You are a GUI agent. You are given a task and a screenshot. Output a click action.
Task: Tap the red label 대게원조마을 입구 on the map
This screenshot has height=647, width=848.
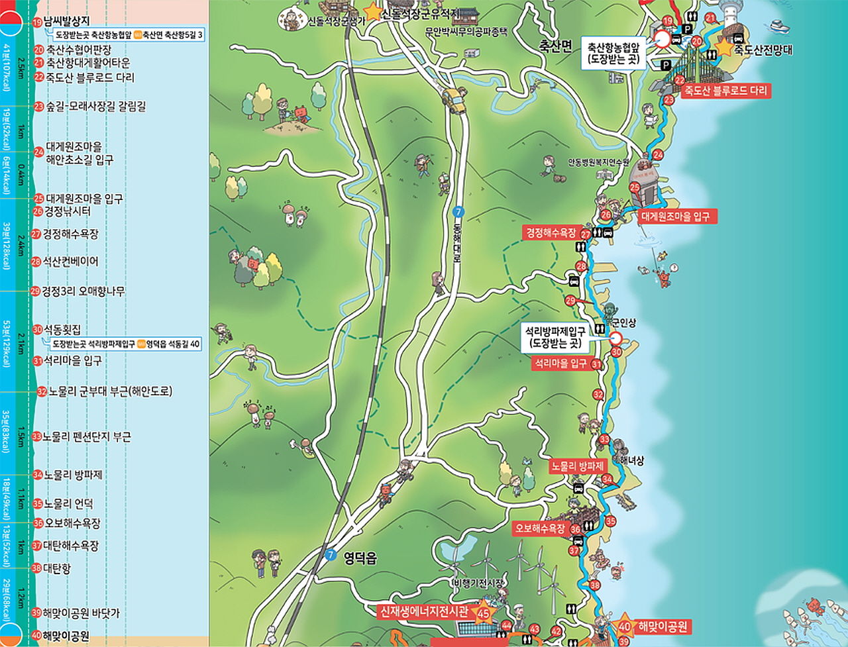678,217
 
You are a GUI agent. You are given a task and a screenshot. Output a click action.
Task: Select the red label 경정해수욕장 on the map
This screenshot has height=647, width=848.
551,233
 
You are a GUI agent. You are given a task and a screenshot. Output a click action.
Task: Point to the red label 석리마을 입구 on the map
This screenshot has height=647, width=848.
560,364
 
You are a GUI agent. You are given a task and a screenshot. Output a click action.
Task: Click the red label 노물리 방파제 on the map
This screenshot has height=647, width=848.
577,466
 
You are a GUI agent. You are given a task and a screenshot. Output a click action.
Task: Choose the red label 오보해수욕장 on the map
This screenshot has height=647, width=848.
541,528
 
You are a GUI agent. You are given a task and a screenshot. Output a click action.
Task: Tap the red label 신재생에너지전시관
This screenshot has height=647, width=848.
423,611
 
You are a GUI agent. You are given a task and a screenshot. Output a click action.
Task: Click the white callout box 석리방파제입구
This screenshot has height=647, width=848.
555,337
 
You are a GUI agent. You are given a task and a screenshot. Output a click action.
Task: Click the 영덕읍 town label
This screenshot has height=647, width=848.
360,558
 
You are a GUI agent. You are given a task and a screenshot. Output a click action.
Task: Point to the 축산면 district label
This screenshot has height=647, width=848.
555,46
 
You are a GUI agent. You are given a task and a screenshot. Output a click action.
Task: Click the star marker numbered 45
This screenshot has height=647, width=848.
484,613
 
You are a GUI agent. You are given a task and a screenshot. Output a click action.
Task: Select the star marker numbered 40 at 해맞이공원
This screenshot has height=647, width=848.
623,626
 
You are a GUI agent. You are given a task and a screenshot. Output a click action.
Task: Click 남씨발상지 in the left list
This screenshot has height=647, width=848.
66,22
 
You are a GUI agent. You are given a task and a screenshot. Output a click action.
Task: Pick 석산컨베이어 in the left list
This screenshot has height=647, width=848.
70,262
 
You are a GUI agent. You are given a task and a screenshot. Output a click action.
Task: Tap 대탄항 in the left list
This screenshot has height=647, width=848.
57,568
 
